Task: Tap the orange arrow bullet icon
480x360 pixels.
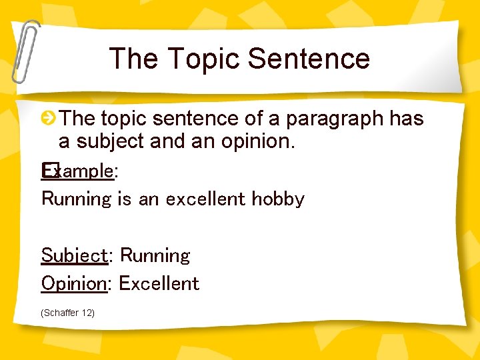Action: pyautogui.click(x=49, y=119)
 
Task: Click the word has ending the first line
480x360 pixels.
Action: pyautogui.click(x=407, y=119)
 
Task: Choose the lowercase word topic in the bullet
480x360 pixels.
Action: pyautogui.click(x=123, y=119)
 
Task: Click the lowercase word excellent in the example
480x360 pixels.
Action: pyautogui.click(x=207, y=199)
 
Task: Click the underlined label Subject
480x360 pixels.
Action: pyautogui.click(x=74, y=255)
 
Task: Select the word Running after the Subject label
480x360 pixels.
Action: pyautogui.click(x=155, y=255)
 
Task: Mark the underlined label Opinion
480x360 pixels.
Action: pyautogui.click(x=74, y=283)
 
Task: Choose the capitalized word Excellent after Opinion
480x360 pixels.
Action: pyautogui.click(x=159, y=283)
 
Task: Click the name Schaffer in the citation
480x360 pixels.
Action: pyautogui.click(x=61, y=313)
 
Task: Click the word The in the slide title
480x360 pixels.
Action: pyautogui.click(x=133, y=59)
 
